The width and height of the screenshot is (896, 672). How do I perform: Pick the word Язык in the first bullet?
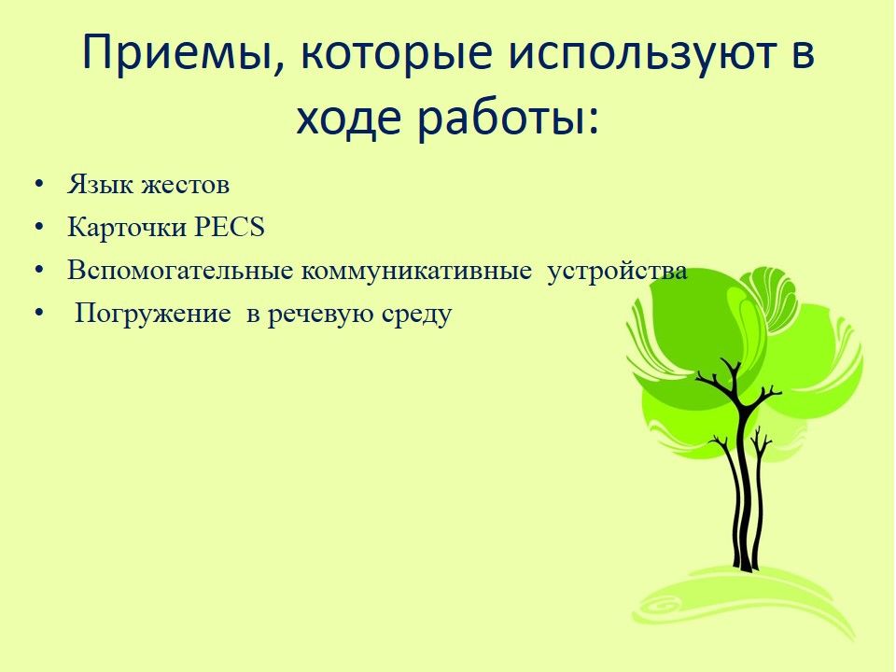pyautogui.click(x=101, y=185)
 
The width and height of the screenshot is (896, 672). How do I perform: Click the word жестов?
pyautogui.click(x=186, y=185)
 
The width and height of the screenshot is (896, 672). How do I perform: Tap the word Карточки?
pyautogui.click(x=128, y=228)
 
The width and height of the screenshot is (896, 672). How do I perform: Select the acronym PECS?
pyautogui.click(x=230, y=227)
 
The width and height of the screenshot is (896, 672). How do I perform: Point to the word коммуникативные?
pyautogui.click(x=416, y=271)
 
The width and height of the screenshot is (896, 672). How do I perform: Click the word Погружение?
pyautogui.click(x=153, y=314)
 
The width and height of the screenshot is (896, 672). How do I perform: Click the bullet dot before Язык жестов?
pyautogui.click(x=39, y=185)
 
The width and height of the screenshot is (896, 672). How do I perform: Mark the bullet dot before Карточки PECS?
pyautogui.click(x=39, y=228)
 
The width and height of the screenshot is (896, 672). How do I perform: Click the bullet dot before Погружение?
pyautogui.click(x=39, y=314)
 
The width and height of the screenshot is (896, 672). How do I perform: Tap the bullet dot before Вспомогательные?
pyautogui.click(x=39, y=271)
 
